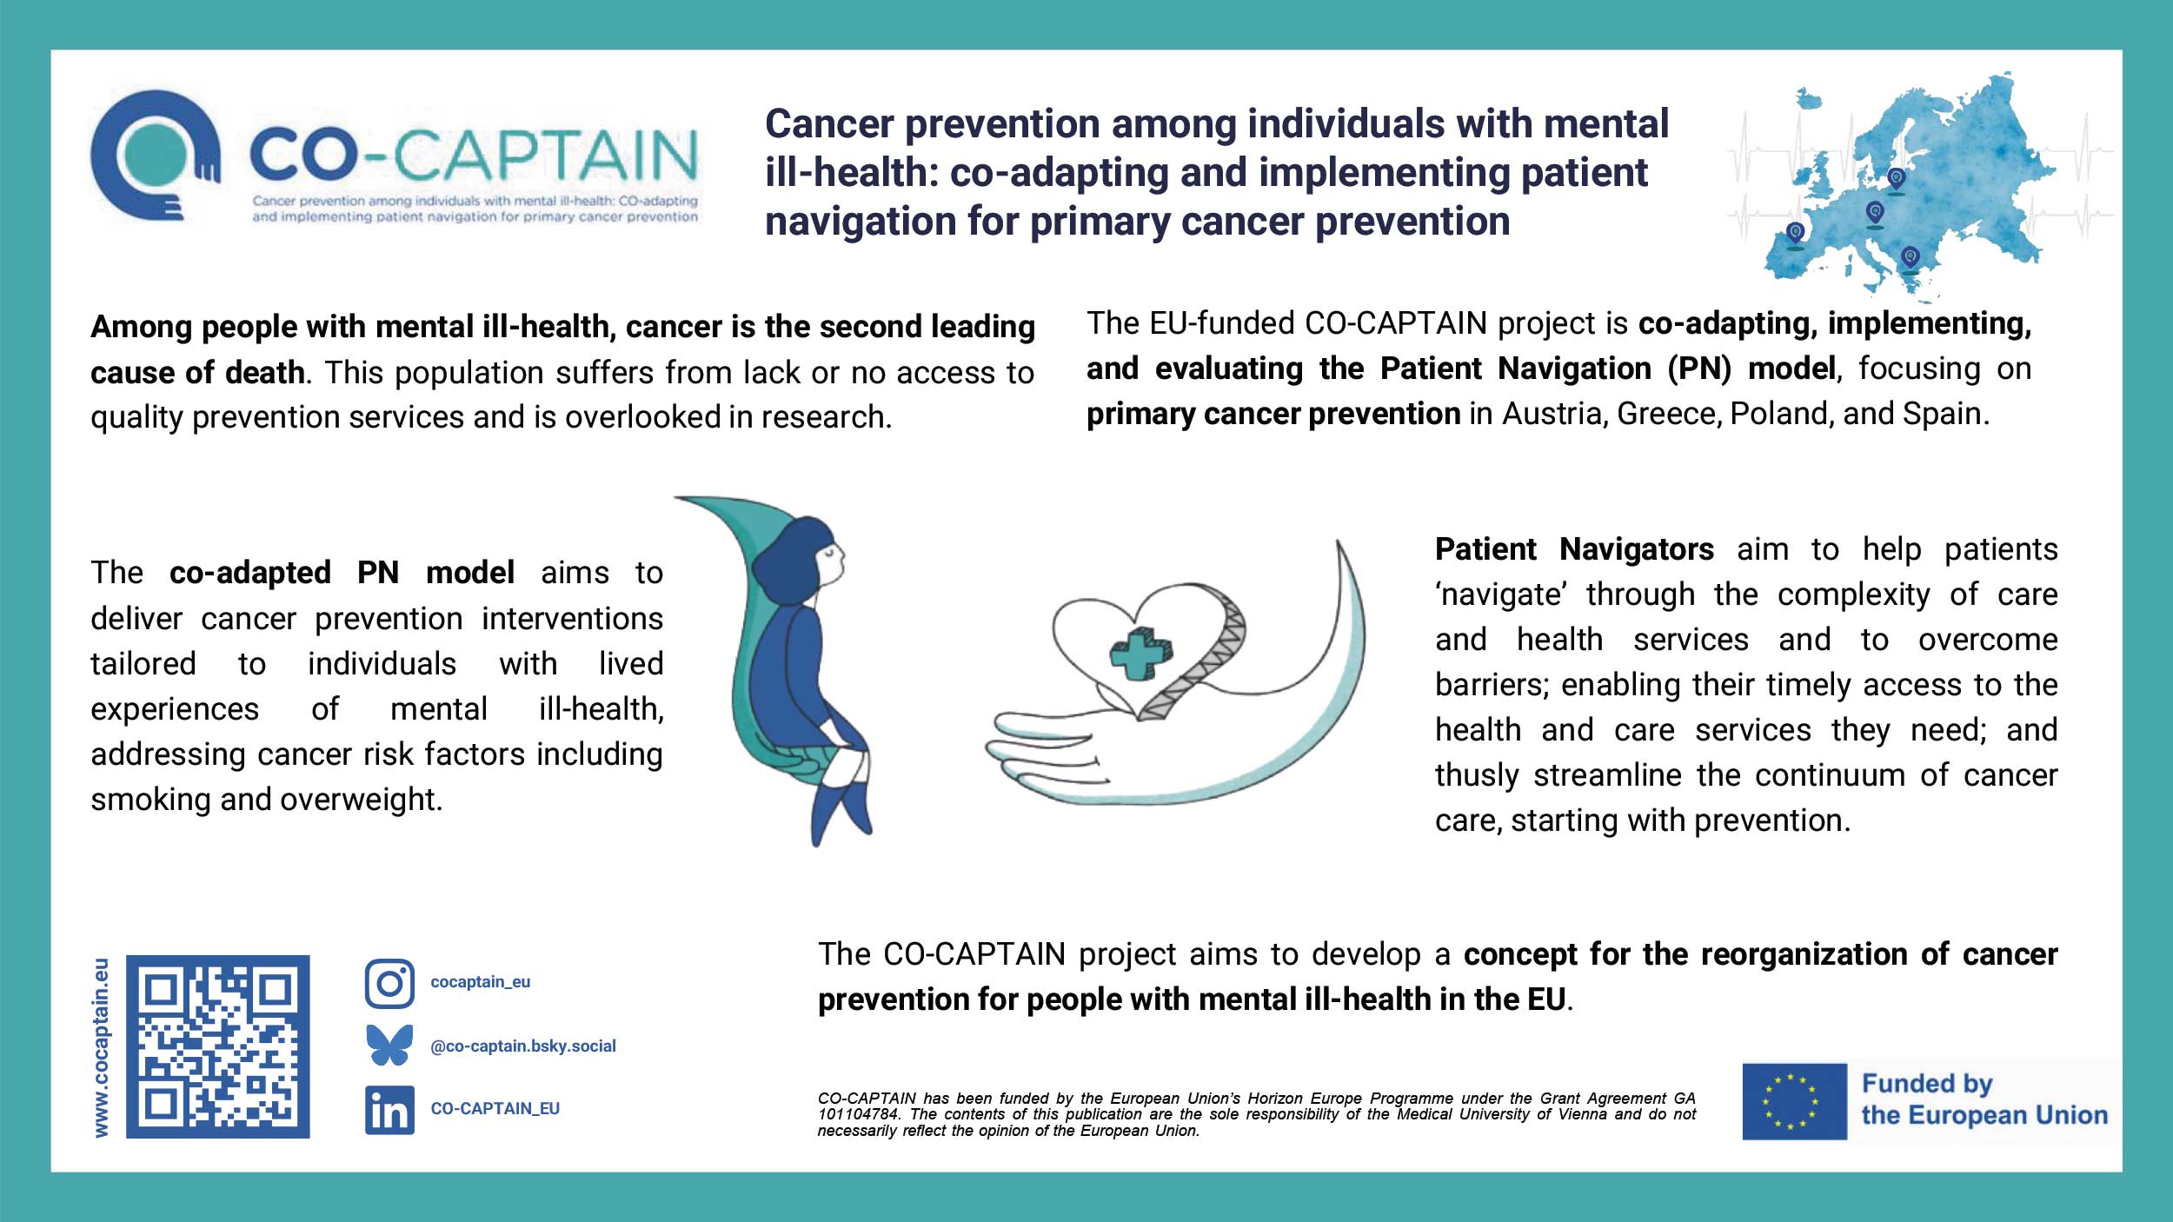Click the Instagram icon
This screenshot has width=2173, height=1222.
pyautogui.click(x=389, y=984)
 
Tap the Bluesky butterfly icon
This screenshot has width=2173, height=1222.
pyautogui.click(x=389, y=1046)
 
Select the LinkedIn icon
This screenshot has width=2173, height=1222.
pyautogui.click(x=389, y=1110)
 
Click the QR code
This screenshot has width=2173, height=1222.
pyautogui.click(x=218, y=1046)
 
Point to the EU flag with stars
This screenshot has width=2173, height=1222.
pyautogui.click(x=1794, y=1101)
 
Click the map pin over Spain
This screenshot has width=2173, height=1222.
pyautogui.click(x=1795, y=233)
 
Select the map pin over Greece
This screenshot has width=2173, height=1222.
pyautogui.click(x=1910, y=257)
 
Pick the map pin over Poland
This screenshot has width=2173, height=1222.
pyautogui.click(x=1897, y=179)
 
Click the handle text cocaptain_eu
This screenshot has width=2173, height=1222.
pyautogui.click(x=480, y=982)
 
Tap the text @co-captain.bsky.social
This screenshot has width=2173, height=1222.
pyautogui.click(x=523, y=1046)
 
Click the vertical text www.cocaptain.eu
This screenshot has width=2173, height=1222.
pyautogui.click(x=102, y=1047)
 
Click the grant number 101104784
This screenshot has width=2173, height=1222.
pyautogui.click(x=860, y=1114)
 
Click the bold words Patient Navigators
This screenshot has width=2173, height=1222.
pyautogui.click(x=1574, y=549)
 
